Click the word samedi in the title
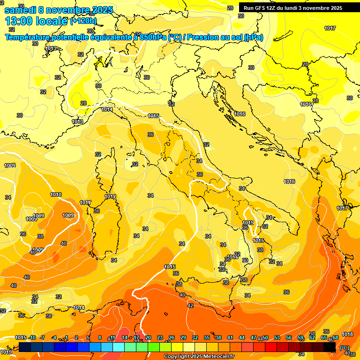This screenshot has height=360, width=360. pos(21,10)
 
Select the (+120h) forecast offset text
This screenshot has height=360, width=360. pos(83,21)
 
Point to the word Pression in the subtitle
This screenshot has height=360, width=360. pos(204,37)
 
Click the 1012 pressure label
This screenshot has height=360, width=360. pos(110,196)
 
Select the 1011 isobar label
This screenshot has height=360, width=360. pos(85,202)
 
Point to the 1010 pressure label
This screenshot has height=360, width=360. pos(56,195)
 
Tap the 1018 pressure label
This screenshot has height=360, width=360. pos(347,334)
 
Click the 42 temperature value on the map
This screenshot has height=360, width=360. pos(190,306)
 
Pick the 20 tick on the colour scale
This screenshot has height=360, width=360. pos(148,337)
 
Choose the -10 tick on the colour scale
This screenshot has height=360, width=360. pos(32,337)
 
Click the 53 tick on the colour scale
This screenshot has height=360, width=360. pos(277,337)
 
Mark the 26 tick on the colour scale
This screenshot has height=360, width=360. pos(172,337)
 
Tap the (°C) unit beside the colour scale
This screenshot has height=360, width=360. pos(344,348)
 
